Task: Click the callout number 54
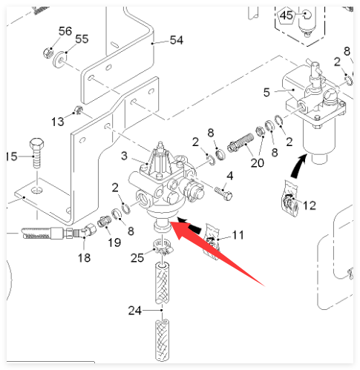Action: click(177, 40)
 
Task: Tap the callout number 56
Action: click(65, 31)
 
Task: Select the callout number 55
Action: click(82, 39)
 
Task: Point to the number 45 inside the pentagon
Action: click(287, 16)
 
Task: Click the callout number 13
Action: click(58, 122)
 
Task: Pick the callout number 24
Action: click(135, 311)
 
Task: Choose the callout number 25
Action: click(137, 258)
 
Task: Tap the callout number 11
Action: click(238, 235)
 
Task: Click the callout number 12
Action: click(310, 205)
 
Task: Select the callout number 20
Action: click(258, 163)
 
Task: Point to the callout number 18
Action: click(84, 258)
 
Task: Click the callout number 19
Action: click(114, 242)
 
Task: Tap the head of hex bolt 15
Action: click(37, 143)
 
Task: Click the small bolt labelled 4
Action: click(223, 194)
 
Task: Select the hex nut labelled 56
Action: click(48, 53)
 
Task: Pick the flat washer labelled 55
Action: click(59, 59)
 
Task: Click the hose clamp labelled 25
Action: click(163, 247)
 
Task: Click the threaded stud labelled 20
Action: click(240, 142)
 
